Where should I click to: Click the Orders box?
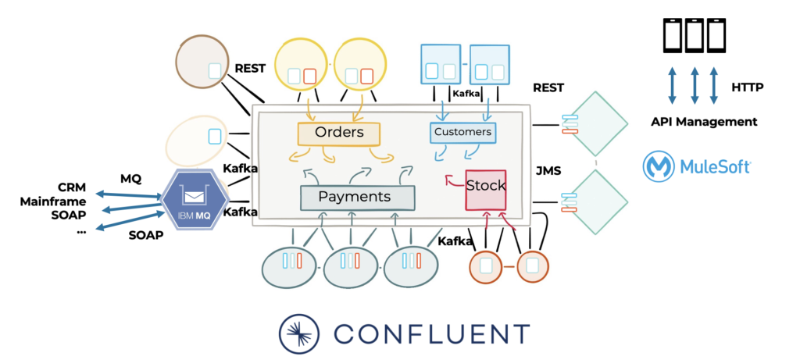tap(338, 133)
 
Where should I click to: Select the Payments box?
tap(357, 197)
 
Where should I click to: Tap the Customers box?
tap(463, 132)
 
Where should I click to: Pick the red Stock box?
tap(485, 187)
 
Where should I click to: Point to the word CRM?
tap(72, 187)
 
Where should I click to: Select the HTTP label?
tap(748, 87)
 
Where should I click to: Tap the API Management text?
tap(704, 122)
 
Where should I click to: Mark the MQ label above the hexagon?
tap(130, 179)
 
